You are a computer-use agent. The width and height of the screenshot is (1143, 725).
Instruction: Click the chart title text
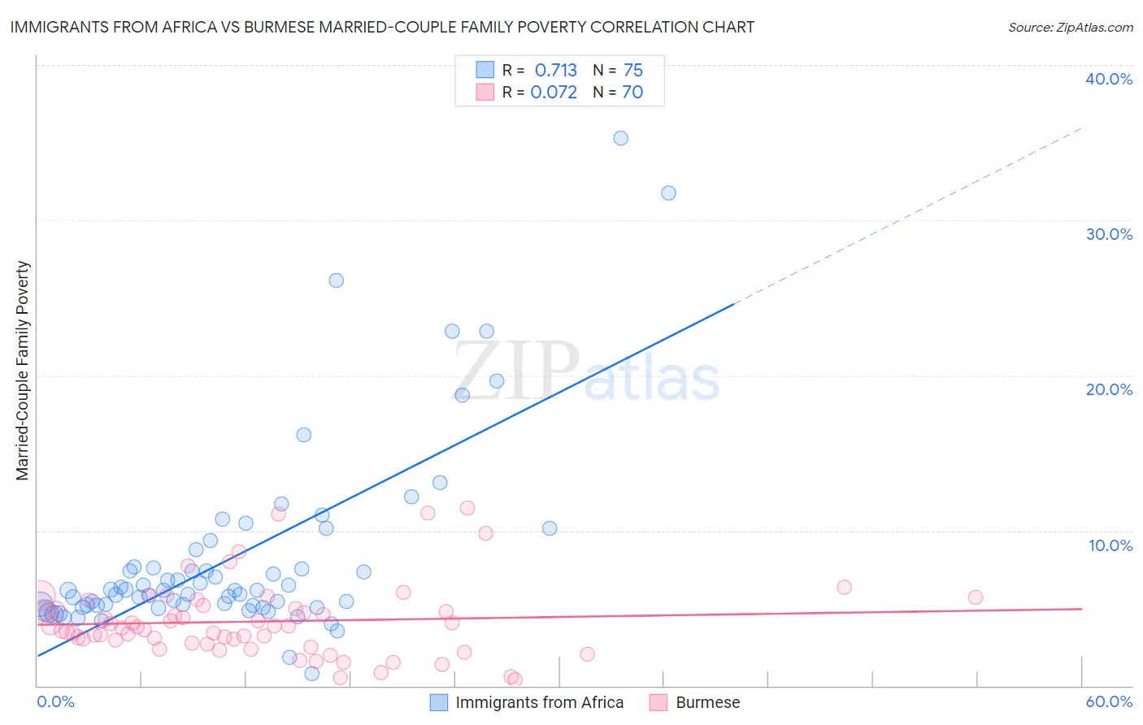[382, 27]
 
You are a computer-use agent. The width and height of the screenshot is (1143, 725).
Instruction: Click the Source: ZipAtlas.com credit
[1070, 27]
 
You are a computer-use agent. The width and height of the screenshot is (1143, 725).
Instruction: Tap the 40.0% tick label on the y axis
[1109, 79]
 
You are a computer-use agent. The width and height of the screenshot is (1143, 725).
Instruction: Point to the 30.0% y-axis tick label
[1109, 234]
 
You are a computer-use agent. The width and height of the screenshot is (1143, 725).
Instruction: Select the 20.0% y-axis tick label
[1109, 389]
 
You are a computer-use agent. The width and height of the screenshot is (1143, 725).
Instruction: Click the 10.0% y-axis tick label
[1110, 545]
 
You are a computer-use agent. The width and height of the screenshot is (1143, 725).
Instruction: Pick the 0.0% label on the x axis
[55, 701]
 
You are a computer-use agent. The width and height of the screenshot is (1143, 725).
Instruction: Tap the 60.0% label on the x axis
[1109, 701]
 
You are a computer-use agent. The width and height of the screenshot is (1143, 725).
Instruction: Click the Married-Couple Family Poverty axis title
[23, 370]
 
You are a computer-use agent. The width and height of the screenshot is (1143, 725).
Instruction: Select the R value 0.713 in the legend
[556, 71]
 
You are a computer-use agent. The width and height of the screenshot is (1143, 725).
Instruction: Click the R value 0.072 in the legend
[554, 93]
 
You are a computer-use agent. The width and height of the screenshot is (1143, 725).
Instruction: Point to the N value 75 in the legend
[633, 71]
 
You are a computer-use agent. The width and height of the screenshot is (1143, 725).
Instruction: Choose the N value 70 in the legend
[632, 93]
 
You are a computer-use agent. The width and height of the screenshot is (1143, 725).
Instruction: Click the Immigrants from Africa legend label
[539, 702]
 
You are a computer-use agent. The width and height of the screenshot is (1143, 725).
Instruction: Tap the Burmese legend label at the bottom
[707, 702]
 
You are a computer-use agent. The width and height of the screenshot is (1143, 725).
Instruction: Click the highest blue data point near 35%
[620, 138]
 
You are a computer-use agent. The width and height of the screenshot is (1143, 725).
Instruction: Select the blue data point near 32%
[668, 193]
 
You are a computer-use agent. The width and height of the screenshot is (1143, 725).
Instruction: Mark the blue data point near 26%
[336, 280]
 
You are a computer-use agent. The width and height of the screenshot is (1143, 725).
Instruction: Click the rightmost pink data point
[975, 597]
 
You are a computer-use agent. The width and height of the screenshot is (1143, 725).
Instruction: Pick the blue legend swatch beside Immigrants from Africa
[439, 702]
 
